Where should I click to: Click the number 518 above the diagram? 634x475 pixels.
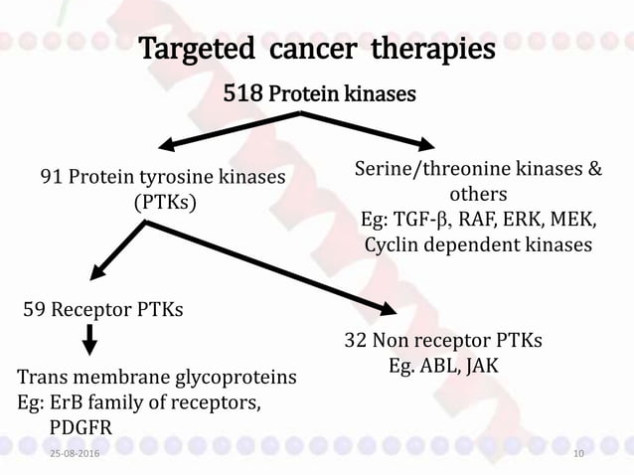[243, 94]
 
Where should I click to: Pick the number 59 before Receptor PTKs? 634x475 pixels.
[34, 310]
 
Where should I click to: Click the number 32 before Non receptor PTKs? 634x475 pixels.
[356, 341]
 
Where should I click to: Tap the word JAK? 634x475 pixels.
[484, 366]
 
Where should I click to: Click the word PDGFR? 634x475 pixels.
[81, 427]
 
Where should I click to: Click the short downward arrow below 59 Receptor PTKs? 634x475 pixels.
[89, 341]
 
